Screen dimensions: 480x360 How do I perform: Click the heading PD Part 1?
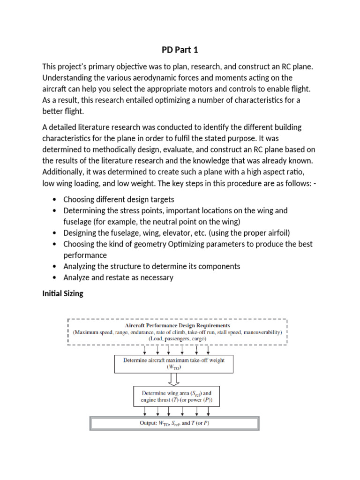(x=180, y=50)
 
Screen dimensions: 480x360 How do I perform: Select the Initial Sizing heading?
(x=62, y=294)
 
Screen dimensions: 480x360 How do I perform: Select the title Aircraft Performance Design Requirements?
(x=177, y=325)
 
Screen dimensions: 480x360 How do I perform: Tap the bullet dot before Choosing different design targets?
(x=56, y=199)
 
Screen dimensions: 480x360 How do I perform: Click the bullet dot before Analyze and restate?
(x=56, y=278)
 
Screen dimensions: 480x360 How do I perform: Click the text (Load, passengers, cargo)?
(x=177, y=338)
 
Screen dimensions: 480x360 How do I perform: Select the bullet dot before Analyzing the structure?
(x=56, y=267)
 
